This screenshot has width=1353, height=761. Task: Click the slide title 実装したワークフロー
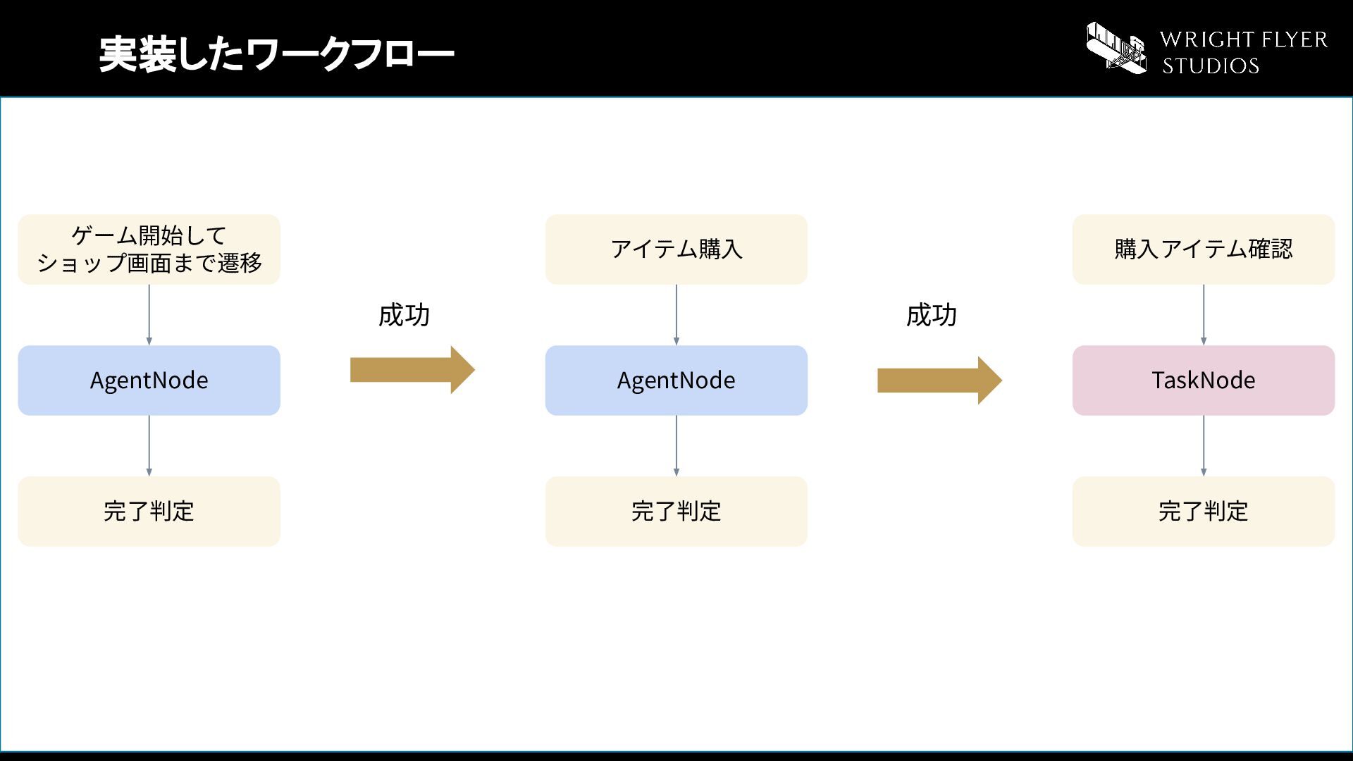click(276, 54)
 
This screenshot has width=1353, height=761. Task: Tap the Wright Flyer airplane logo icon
click(1116, 48)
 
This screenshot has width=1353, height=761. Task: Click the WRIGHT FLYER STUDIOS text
click(1244, 52)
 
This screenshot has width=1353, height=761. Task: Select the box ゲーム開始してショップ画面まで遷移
click(149, 249)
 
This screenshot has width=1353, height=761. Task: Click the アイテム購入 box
click(676, 249)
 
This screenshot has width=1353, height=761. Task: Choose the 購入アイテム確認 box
click(1204, 249)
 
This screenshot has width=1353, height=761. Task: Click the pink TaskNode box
click(1204, 380)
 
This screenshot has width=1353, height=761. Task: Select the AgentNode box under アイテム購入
click(676, 380)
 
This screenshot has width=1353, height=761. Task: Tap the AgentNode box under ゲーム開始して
click(149, 380)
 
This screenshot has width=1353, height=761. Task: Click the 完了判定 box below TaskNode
click(1204, 512)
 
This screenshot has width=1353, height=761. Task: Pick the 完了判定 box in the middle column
click(676, 512)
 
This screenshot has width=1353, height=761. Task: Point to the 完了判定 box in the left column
click(149, 512)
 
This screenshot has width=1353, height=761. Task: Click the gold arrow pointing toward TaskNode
click(939, 380)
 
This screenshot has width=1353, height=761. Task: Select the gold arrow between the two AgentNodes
click(412, 370)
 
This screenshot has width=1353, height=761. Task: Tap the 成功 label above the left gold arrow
click(404, 315)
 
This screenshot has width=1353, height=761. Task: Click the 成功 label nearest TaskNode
click(931, 315)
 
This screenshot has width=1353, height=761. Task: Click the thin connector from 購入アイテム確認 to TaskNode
click(1204, 315)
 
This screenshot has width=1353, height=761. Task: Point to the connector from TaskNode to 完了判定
click(1204, 446)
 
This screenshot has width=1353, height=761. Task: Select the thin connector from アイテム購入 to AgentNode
click(676, 315)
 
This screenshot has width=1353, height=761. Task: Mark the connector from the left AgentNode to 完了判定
click(149, 446)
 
